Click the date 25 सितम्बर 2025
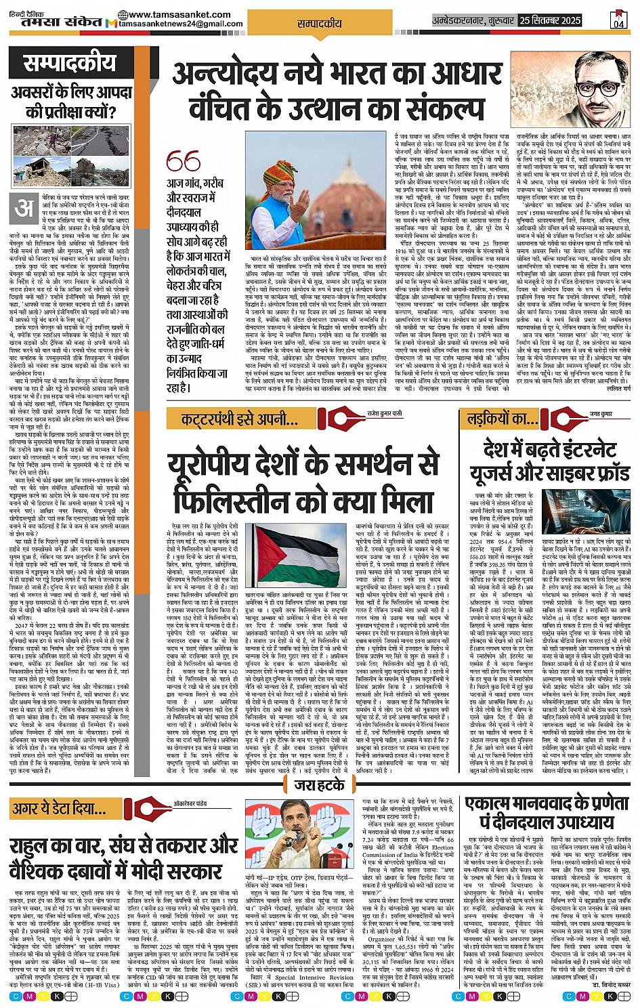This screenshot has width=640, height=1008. coord(559,20)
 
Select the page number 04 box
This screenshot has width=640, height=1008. coord(618,20)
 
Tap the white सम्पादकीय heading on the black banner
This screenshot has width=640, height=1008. coord(70,64)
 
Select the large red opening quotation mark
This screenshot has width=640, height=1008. coord(183,161)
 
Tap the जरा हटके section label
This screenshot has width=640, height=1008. coord(320,785)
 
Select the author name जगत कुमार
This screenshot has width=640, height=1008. coord(600,413)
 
